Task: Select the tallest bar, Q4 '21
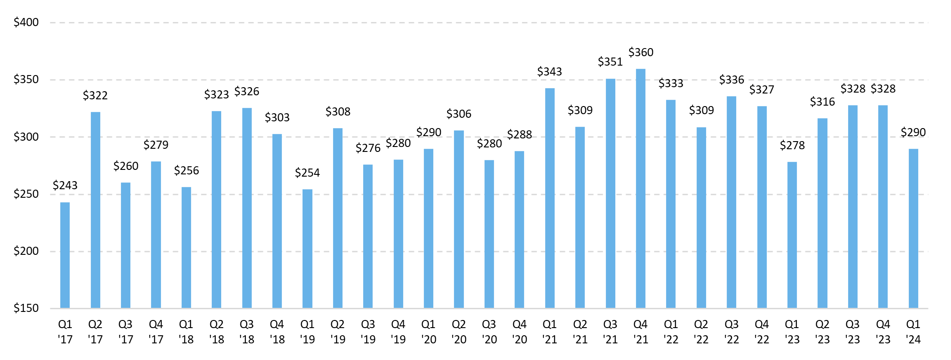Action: (640, 189)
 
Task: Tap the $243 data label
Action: (65, 185)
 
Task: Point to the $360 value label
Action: (641, 53)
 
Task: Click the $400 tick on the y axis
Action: (26, 22)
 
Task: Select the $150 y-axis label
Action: (26, 308)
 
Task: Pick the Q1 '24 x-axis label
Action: (913, 332)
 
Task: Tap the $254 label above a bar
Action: (307, 173)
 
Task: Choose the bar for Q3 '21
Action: (610, 193)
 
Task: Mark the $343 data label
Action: (550, 72)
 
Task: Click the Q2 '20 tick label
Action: (459, 332)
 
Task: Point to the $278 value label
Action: (792, 146)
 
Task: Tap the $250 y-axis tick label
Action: (26, 194)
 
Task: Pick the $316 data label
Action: (822, 102)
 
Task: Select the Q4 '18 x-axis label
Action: (277, 332)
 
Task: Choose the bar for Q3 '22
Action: (731, 202)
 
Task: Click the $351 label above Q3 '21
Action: (610, 62)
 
